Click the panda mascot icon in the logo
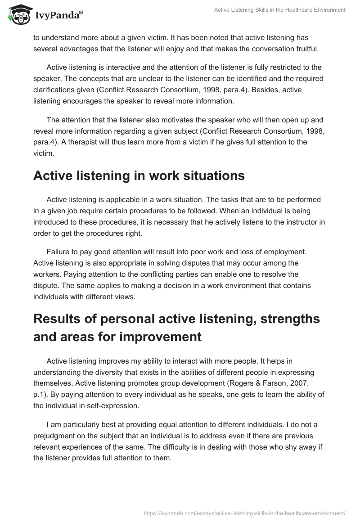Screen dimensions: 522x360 tap(18, 15)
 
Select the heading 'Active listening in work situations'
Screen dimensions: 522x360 tap(139, 175)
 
